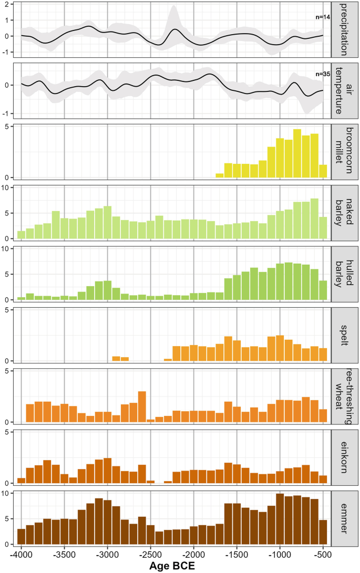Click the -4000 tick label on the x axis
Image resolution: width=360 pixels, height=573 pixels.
(x=21, y=555)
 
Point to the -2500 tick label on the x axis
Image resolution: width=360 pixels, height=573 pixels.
(x=150, y=555)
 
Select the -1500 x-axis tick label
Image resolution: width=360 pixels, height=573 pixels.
(x=236, y=555)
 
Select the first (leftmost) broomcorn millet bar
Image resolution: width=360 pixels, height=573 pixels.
(x=220, y=175)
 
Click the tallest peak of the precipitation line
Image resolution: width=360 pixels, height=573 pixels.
(x=175, y=29)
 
